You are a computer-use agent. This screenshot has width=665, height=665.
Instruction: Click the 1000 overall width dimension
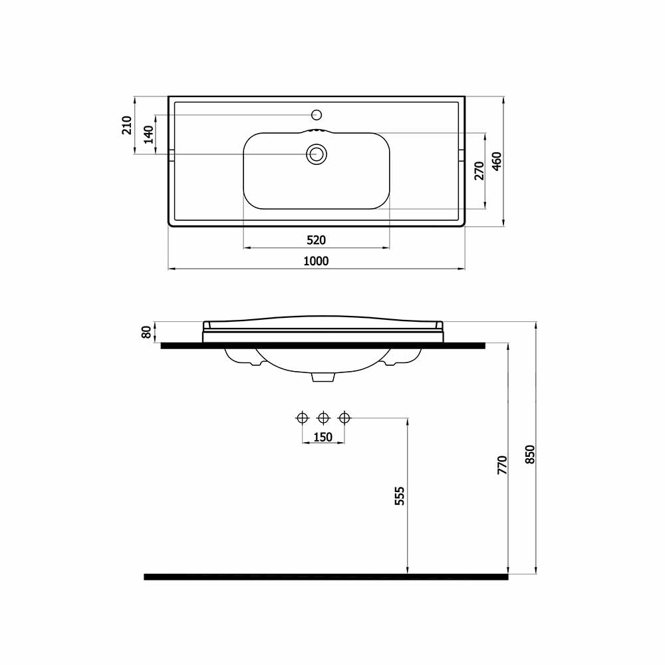(316, 261)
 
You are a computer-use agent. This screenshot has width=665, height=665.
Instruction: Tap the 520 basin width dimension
(316, 241)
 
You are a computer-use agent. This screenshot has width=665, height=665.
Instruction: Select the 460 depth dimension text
(497, 162)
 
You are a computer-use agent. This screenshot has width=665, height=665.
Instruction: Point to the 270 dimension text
(479, 171)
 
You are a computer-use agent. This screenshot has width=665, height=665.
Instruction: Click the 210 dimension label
(127, 125)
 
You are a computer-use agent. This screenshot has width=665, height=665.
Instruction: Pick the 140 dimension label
(149, 135)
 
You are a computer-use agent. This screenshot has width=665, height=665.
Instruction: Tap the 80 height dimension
(146, 332)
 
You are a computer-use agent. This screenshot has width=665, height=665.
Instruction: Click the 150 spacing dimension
(323, 437)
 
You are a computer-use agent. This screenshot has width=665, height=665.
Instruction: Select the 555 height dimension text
(400, 496)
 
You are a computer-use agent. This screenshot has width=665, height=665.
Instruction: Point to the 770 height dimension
(502, 465)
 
